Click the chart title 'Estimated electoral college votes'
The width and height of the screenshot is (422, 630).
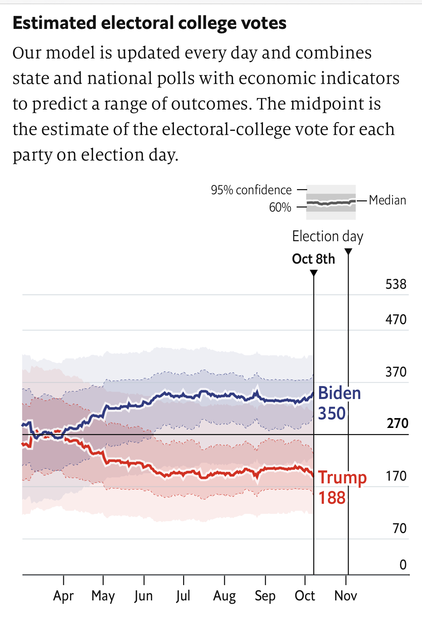click(150, 23)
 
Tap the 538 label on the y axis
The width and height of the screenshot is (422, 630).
click(396, 284)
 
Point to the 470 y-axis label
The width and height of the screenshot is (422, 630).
click(396, 319)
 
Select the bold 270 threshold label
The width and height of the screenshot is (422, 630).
click(397, 423)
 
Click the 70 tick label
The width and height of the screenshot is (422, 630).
click(400, 528)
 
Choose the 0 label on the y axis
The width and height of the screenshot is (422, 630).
click(403, 565)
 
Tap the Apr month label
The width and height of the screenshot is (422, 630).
click(64, 596)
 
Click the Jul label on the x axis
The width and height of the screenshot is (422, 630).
click(183, 596)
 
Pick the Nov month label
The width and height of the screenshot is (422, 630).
click(346, 596)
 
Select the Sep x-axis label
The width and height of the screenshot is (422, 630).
click(265, 596)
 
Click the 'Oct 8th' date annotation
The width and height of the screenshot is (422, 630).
click(313, 259)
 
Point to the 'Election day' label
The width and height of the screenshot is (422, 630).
click(328, 236)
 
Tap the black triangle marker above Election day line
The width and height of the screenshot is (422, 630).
click(348, 252)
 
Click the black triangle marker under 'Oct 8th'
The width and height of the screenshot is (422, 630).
click(314, 273)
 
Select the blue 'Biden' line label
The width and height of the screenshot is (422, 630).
click(339, 393)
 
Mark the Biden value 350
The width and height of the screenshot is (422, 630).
click(332, 413)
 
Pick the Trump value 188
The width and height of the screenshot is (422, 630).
click(332, 498)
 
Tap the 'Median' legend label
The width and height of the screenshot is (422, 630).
click(387, 200)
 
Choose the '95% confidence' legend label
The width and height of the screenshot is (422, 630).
click(251, 190)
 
